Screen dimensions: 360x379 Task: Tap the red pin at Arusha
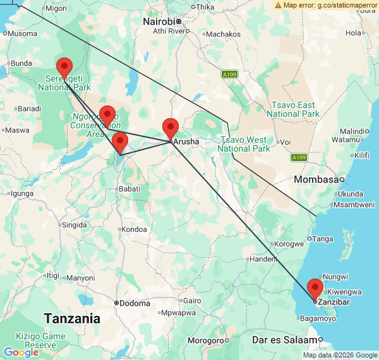pos(170,128)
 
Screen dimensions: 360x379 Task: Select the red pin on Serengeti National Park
pos(64,67)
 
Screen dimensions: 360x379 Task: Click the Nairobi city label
pos(159,21)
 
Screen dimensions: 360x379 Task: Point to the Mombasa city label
pos(315,179)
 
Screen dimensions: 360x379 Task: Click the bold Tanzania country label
pos(71,318)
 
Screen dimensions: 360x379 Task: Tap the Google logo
pos(21,352)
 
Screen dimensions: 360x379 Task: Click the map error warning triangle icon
pos(278,5)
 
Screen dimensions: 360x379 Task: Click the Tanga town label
pos(323,238)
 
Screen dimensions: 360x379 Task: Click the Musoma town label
pos(21,33)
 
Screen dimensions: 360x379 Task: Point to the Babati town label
pos(129,188)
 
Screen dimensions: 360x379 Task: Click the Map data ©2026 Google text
pos(339,356)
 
